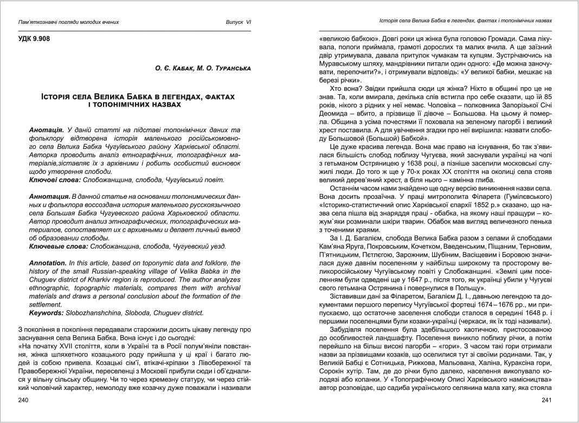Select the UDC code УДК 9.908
(x=35, y=39)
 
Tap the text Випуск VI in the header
(x=239, y=22)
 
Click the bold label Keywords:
(x=47, y=313)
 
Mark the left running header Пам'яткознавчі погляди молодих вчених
(x=69, y=22)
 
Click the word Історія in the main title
(x=60, y=96)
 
